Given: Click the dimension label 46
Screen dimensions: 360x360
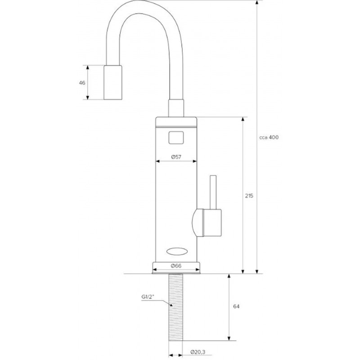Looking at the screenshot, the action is (x=82, y=83).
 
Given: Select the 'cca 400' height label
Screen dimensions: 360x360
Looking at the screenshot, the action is (x=269, y=137).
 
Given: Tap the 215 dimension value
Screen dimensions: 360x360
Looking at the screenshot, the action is (x=249, y=196).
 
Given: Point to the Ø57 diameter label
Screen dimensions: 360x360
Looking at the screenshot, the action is (x=176, y=157).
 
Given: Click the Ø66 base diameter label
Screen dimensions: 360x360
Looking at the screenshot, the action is (x=176, y=265).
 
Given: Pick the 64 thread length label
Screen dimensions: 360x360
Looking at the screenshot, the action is (x=236, y=306).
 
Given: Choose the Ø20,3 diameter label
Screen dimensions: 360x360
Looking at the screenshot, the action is (x=198, y=352).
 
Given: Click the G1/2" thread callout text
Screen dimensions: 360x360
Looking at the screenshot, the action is (x=148, y=297).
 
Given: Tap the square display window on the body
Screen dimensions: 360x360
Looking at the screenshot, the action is (x=176, y=138).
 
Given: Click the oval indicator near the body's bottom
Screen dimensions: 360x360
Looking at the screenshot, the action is (x=176, y=252).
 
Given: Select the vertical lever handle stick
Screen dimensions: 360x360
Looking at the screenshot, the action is (x=213, y=193).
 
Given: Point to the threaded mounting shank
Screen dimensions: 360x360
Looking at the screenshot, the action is (x=176, y=307).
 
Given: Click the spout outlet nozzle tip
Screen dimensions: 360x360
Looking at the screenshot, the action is (x=113, y=82).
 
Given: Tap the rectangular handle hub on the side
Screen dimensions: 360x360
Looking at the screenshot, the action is (x=212, y=223).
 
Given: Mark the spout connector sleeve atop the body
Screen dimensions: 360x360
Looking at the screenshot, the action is (x=176, y=108).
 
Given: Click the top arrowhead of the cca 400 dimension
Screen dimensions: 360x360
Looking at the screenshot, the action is (x=257, y=2).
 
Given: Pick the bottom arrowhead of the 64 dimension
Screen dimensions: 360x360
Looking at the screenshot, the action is (x=229, y=338).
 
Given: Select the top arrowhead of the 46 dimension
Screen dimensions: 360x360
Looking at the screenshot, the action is (x=87, y=67).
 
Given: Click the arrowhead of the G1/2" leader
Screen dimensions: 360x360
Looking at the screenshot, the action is (x=171, y=305).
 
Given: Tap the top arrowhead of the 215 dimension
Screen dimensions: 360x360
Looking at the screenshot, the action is (x=243, y=119).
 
